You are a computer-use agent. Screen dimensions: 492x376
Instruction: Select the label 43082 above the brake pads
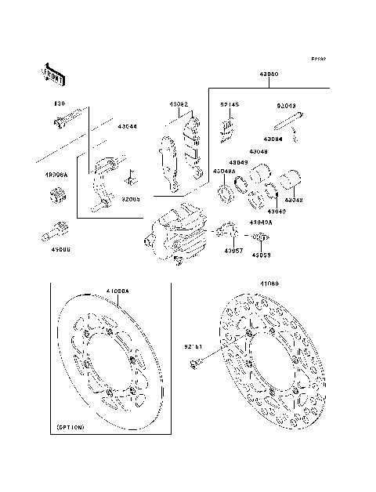point(179,103)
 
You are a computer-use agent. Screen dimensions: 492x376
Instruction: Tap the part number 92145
point(229,103)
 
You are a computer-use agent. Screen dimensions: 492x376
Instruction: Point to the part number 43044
point(127,126)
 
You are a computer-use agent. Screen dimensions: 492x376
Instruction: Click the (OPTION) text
point(71,429)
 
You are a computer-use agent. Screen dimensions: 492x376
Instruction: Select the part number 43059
point(261,255)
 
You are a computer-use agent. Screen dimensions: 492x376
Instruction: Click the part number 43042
point(295,201)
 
